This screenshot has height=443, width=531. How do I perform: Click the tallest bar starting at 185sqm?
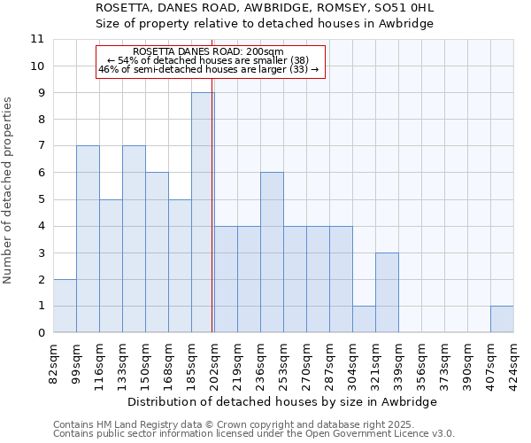(203, 213)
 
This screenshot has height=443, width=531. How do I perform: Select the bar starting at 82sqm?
(65, 306)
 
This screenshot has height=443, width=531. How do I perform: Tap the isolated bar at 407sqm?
(502, 319)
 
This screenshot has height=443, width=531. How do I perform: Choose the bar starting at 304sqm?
(364, 319)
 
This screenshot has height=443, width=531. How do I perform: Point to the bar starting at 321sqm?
(387, 292)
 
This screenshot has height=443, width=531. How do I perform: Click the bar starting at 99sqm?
(88, 239)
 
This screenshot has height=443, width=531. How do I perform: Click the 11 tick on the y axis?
(37, 39)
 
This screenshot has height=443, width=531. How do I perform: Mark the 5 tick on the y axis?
(41, 199)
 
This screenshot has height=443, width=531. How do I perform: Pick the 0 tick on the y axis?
(41, 333)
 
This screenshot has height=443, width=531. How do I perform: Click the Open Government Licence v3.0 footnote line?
(254, 433)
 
